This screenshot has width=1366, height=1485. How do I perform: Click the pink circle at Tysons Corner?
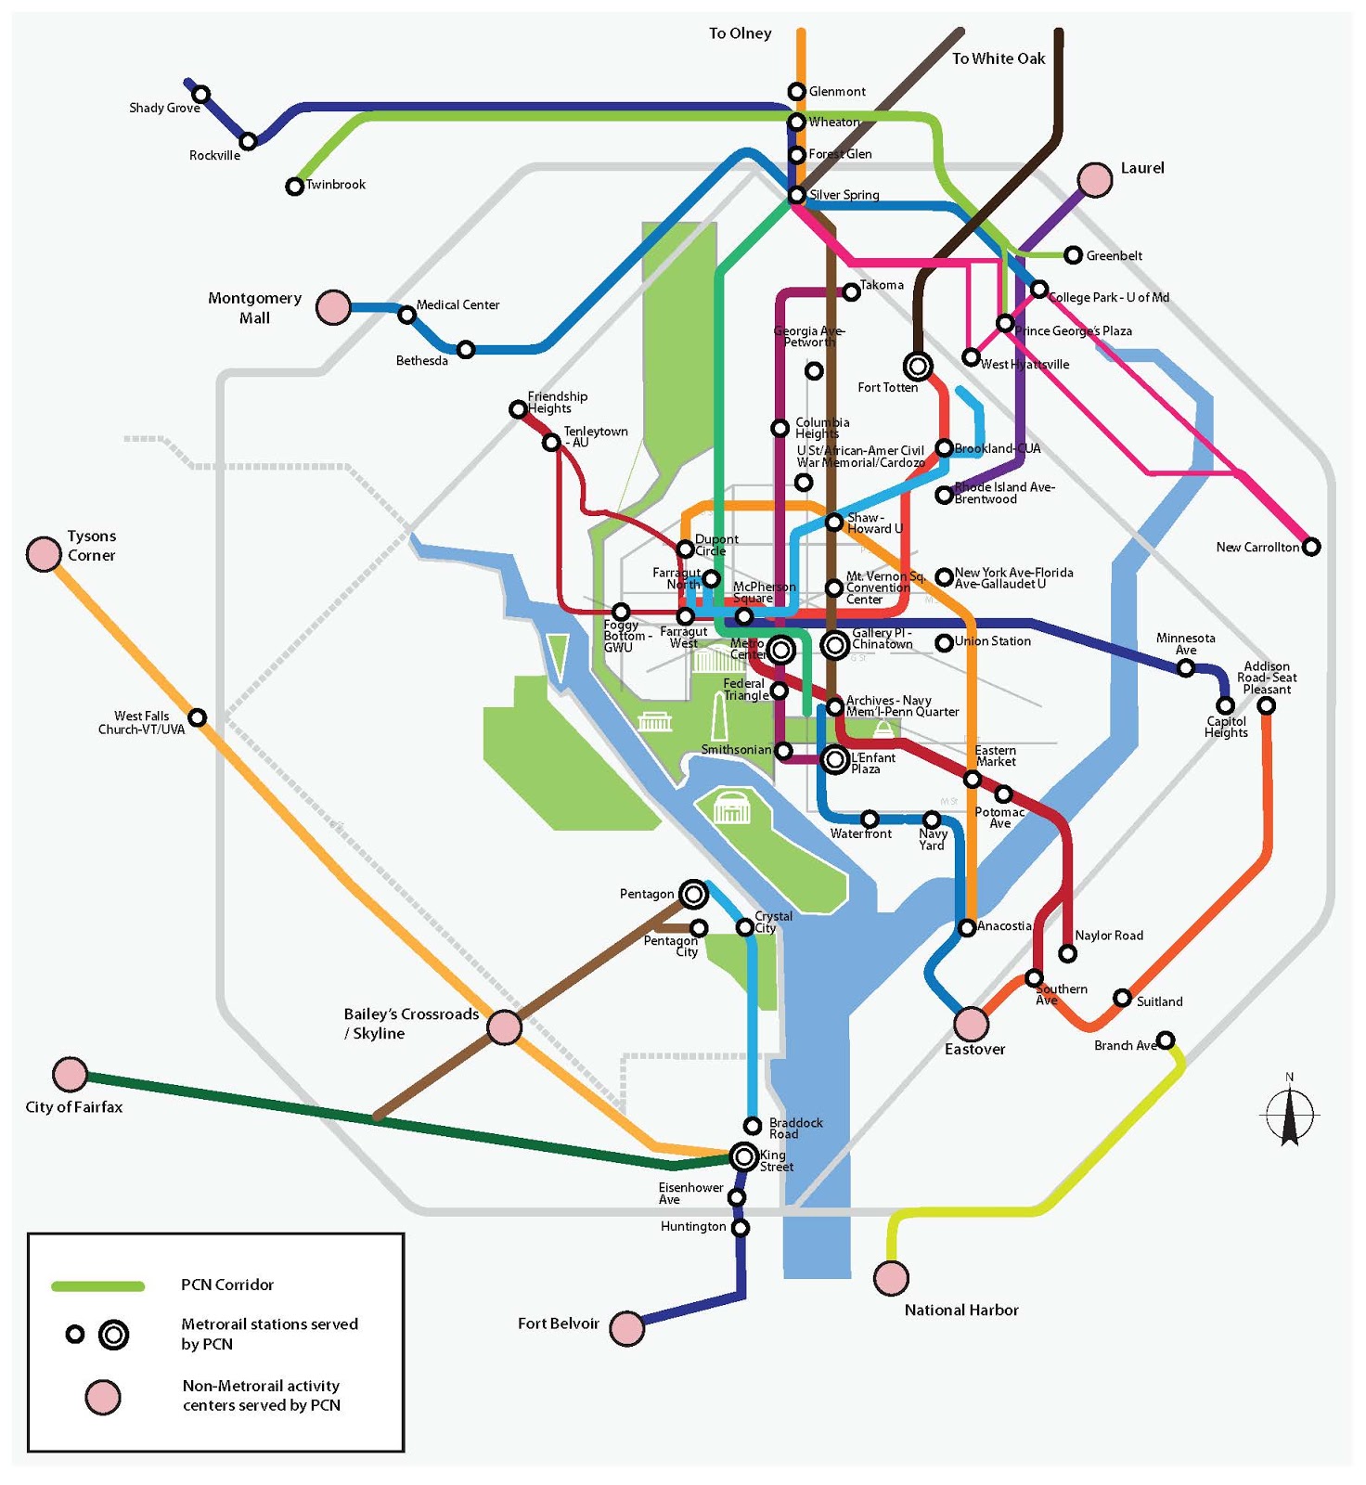tap(44, 554)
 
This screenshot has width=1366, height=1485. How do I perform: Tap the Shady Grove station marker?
tap(201, 94)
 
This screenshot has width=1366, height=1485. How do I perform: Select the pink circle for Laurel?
tap(1095, 180)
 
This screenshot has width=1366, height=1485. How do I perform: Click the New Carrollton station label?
tap(1257, 548)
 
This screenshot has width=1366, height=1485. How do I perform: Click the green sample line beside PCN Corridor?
tap(98, 1285)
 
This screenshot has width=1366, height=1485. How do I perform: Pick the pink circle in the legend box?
tap(103, 1397)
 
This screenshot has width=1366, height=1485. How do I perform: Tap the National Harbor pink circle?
tap(891, 1278)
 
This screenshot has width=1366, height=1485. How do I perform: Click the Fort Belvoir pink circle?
tap(627, 1328)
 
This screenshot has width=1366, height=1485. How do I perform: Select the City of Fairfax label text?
tap(74, 1107)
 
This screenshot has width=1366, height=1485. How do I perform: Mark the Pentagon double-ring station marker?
tap(693, 894)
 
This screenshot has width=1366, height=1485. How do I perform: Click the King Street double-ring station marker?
tap(743, 1156)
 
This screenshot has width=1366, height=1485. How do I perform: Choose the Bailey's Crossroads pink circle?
tap(505, 1027)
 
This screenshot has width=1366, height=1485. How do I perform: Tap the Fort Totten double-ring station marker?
tap(918, 367)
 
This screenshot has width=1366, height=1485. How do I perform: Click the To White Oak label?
tap(999, 58)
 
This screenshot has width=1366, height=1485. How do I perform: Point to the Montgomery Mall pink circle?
tap(333, 307)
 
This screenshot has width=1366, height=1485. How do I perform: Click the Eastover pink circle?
tap(972, 1024)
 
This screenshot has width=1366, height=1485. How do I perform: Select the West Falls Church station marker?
tap(198, 717)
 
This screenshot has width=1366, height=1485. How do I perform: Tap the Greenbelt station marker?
tap(1073, 255)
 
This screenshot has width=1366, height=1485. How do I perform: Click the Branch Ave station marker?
tap(1166, 1039)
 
